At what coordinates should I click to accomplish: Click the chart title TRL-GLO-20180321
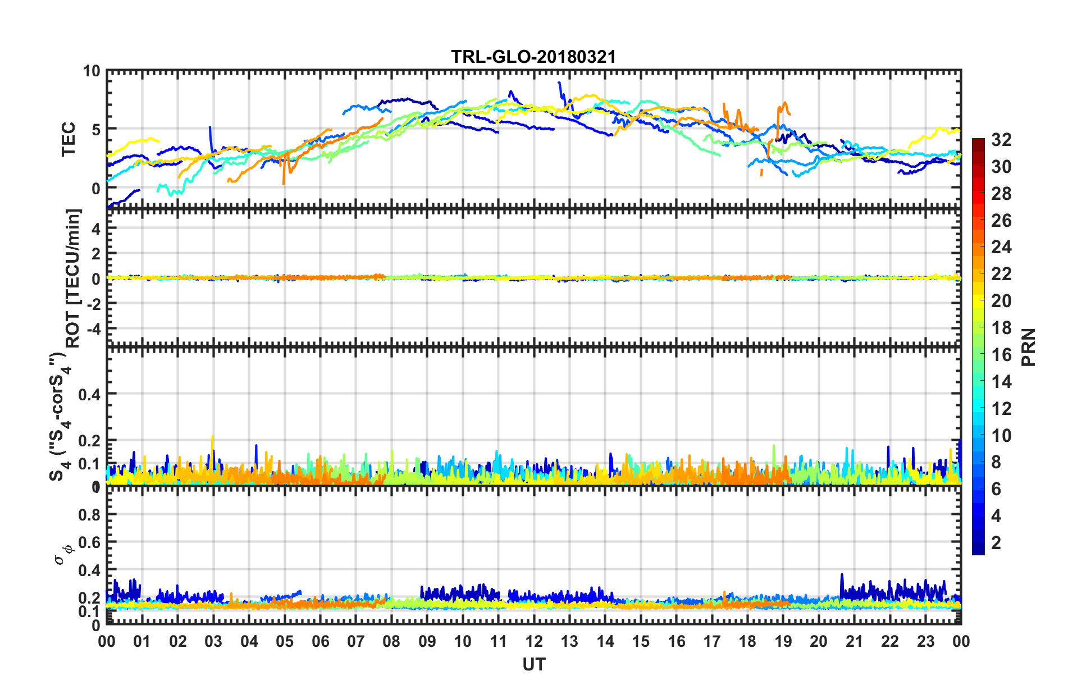pyautogui.click(x=533, y=57)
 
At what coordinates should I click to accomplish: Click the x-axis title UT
pyautogui.click(x=533, y=664)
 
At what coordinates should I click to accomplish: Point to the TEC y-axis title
pyautogui.click(x=68, y=139)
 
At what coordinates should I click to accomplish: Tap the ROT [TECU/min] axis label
pyautogui.click(x=73, y=278)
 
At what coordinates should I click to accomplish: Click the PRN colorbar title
pyautogui.click(x=1029, y=347)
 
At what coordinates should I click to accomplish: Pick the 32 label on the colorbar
pyautogui.click(x=1001, y=140)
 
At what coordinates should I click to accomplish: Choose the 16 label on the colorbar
pyautogui.click(x=1001, y=355)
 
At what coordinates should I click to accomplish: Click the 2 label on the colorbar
pyautogui.click(x=996, y=542)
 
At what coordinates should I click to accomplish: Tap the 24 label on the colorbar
pyautogui.click(x=1001, y=247)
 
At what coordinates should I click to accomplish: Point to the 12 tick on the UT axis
pyautogui.click(x=533, y=641)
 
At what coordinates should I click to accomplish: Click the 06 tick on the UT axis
pyautogui.click(x=320, y=641)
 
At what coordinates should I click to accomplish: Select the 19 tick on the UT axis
pyautogui.click(x=783, y=641)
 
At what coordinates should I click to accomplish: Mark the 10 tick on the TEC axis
pyautogui.click(x=92, y=71)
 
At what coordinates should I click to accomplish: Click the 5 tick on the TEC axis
pyautogui.click(x=95, y=130)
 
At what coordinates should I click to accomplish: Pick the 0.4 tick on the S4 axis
pyautogui.click(x=89, y=394)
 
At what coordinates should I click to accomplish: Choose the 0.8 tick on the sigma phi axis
pyautogui.click(x=89, y=514)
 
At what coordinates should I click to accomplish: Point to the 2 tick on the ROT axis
pyautogui.click(x=95, y=254)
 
